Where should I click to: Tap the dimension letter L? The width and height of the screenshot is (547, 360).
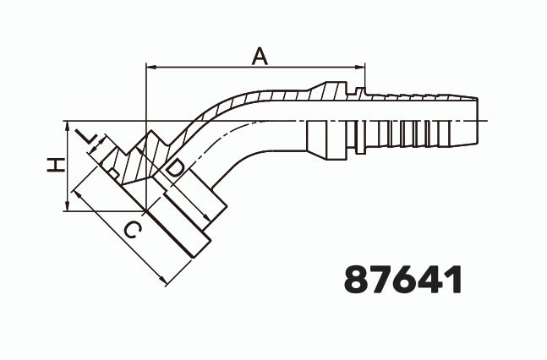(x=85, y=138)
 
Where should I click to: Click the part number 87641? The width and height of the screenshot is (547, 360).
(x=403, y=280)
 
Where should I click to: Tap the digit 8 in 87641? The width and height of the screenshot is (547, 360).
(x=357, y=280)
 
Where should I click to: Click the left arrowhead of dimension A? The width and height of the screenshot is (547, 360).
(x=151, y=65)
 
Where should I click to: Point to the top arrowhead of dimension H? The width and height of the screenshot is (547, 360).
(x=66, y=123)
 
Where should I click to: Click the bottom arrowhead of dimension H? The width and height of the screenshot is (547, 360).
(x=66, y=205)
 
